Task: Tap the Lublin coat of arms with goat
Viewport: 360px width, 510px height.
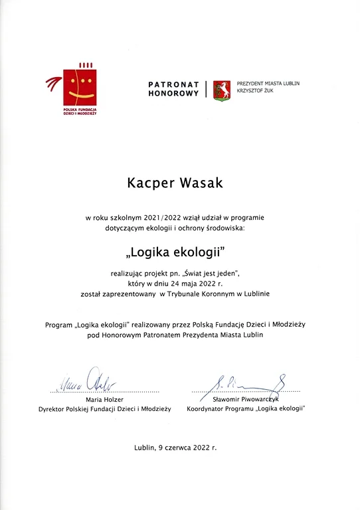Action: point(222,89)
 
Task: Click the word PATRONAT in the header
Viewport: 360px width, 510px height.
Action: point(173,84)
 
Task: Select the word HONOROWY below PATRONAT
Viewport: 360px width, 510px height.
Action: point(174,94)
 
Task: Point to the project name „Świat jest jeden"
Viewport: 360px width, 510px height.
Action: point(216,273)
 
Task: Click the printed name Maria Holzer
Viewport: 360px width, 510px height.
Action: point(105,400)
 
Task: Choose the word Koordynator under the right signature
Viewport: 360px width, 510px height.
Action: point(208,409)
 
